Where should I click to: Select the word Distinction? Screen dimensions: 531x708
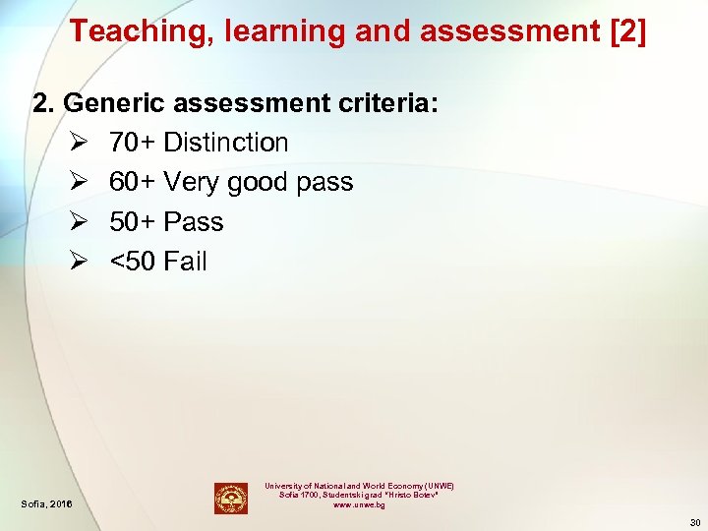[x=226, y=143]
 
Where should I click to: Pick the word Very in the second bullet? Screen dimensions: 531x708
[x=192, y=182]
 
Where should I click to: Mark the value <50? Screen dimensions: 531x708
[x=132, y=262]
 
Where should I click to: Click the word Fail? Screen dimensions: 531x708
[x=186, y=262]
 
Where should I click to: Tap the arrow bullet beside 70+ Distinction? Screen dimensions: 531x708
[x=80, y=143]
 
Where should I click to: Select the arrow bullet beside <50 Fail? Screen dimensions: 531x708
[x=80, y=262]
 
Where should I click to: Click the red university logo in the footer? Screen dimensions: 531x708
[x=231, y=498]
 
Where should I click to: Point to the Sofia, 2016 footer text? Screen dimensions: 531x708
[x=45, y=504]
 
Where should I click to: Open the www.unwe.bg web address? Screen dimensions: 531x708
[x=359, y=504]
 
